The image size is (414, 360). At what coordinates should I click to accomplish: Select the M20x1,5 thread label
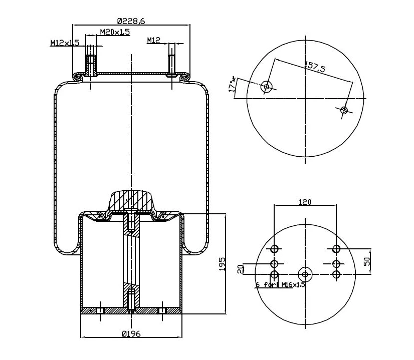115,32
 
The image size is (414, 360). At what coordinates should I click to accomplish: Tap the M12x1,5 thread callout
65,43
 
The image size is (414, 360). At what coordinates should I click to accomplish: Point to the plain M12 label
153,41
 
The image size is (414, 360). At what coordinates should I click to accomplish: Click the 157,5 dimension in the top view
315,67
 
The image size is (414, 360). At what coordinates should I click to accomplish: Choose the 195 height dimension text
223,264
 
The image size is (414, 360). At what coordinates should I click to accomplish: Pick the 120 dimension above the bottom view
305,202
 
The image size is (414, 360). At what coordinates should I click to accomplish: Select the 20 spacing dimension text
240,269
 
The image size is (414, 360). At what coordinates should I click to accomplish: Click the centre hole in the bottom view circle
305,274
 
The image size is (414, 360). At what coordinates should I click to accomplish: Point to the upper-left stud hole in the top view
267,87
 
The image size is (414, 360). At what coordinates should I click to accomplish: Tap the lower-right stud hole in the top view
344,110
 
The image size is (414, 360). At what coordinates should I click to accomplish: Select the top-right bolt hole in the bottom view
336,249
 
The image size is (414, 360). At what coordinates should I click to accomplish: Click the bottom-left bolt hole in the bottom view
274,274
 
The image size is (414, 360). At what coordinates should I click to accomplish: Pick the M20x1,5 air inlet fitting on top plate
91,64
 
